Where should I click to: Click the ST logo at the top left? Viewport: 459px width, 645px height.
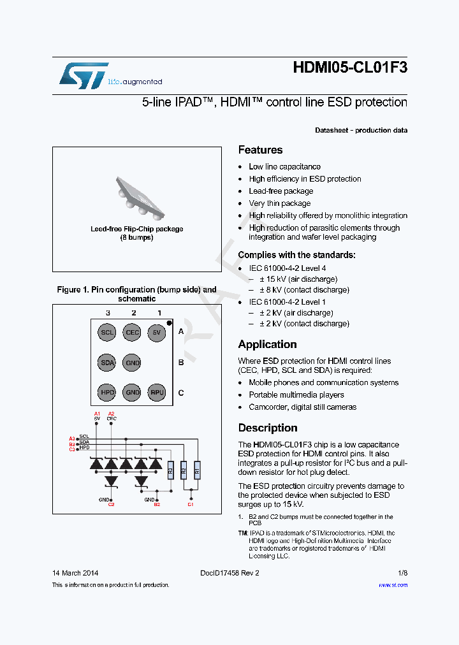click(84, 75)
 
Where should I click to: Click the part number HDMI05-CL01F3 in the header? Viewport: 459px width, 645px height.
click(350, 68)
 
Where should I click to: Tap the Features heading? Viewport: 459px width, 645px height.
click(260, 150)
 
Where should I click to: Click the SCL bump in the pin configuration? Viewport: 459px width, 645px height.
click(107, 332)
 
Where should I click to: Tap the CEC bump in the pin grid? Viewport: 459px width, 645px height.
click(132, 332)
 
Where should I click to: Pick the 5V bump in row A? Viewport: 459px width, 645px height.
click(157, 332)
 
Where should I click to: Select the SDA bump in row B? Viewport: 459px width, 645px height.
click(107, 363)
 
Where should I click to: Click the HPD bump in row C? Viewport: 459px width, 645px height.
click(107, 393)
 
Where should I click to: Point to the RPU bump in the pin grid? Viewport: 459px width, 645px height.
click(157, 393)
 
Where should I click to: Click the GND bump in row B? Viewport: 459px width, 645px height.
click(132, 363)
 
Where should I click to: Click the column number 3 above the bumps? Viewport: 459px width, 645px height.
click(108, 313)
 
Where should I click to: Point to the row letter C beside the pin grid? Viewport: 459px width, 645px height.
click(181, 393)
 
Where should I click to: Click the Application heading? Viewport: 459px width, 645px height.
click(267, 345)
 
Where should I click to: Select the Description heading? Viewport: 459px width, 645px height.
click(268, 428)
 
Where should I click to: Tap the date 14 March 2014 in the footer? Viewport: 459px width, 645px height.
click(75, 573)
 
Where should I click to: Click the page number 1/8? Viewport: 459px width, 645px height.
click(402, 573)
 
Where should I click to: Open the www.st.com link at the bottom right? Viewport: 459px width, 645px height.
click(393, 585)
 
